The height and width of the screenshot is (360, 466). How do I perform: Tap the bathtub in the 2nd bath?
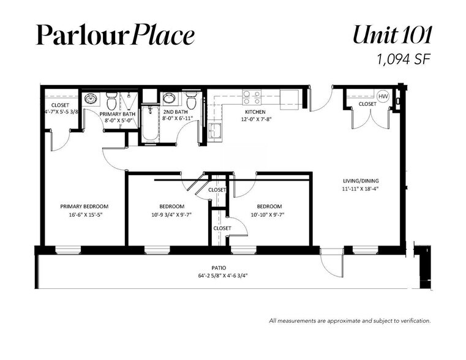coord(150,123)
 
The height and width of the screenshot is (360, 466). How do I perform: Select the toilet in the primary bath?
coord(111,100)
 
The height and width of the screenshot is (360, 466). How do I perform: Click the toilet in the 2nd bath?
coord(191,100)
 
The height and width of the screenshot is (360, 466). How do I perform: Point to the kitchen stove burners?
coord(252,97)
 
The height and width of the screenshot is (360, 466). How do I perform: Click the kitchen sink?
coord(214,130)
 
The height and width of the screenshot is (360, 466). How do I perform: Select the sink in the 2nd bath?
coord(169,98)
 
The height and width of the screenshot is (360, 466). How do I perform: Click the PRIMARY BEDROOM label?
coord(84,206)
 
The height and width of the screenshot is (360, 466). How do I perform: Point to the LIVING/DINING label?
coord(361,181)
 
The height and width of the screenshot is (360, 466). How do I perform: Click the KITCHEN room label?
coord(255,112)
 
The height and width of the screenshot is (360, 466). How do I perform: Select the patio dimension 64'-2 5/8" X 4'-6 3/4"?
coord(223,276)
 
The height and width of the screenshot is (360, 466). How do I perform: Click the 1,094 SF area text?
coord(404,59)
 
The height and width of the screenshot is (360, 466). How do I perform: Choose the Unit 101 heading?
coord(392,35)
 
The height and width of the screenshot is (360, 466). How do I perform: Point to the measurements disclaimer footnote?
coord(350,321)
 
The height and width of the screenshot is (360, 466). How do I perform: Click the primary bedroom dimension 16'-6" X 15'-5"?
coord(85,214)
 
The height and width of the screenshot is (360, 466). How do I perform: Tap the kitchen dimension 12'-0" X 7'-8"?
coord(257,119)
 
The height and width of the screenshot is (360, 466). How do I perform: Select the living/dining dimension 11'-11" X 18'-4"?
coord(360,189)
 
